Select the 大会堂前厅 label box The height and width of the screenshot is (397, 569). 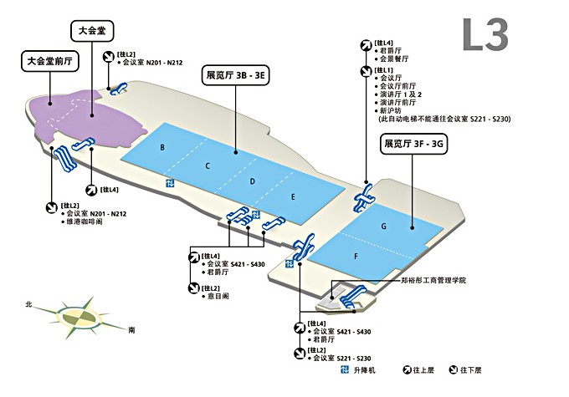[52, 60]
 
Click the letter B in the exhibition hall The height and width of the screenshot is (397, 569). [161, 148]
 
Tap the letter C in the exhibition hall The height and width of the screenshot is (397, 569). [207, 165]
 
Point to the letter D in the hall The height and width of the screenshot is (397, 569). [252, 181]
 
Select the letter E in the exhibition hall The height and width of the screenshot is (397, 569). [293, 197]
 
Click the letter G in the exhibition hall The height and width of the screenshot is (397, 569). [383, 226]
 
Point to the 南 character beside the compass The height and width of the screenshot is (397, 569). [131, 331]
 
